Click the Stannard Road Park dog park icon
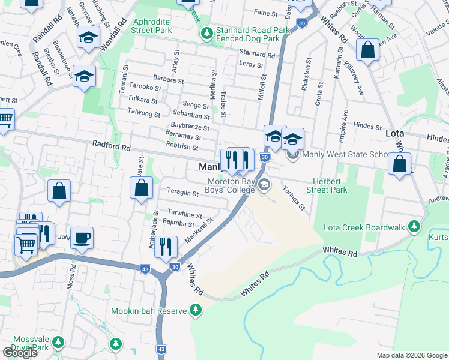click(x=206, y=32)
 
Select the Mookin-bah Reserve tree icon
click(x=195, y=310)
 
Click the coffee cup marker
click(x=82, y=238)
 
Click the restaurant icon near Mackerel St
click(x=166, y=246)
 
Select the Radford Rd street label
click(x=111, y=146)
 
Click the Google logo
click(x=20, y=353)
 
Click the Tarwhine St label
click(x=185, y=215)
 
